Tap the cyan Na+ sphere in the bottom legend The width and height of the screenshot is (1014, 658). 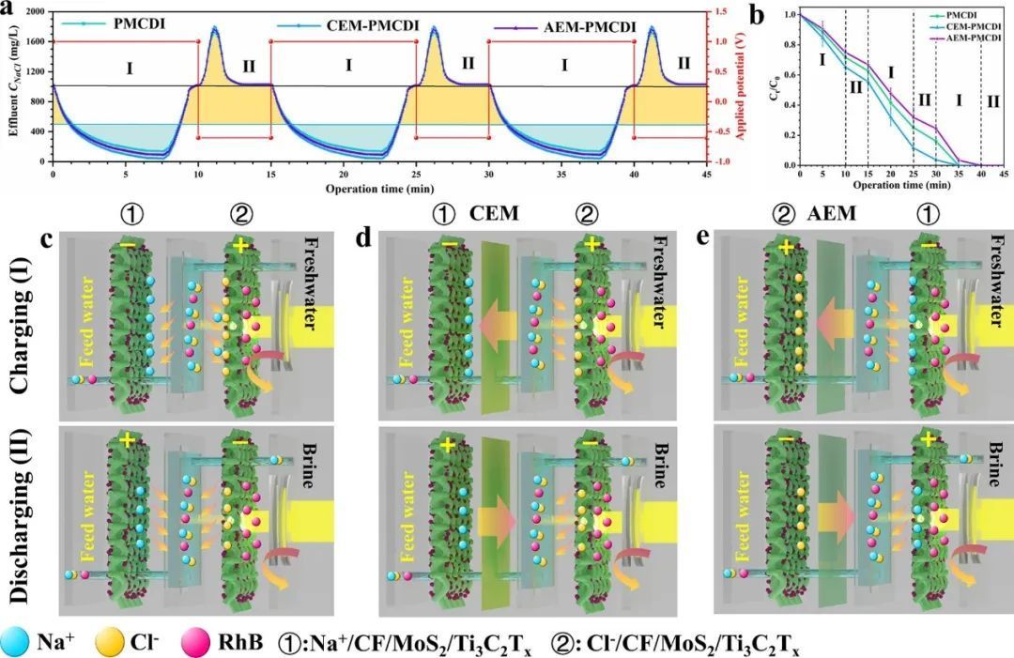click(17, 642)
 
